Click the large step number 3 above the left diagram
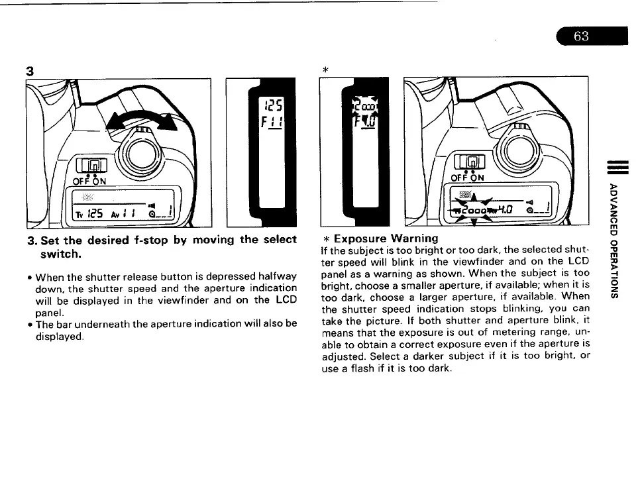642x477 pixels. (x=30, y=70)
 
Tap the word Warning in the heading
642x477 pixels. (x=415, y=238)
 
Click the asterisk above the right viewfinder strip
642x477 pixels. (x=325, y=70)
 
